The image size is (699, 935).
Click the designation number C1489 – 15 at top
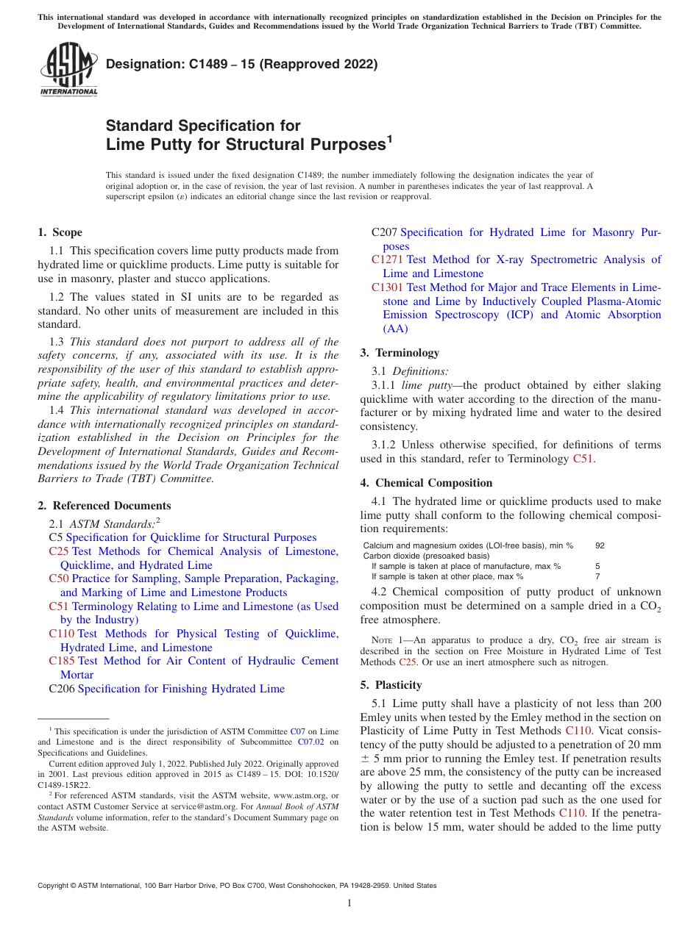point(241,64)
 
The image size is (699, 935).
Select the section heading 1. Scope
point(60,232)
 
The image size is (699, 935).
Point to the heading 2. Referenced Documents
point(104,506)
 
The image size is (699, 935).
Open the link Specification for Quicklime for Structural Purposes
point(191,537)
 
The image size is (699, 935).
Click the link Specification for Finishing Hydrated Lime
point(181,689)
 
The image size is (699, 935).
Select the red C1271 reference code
point(387,259)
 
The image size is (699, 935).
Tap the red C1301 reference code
point(387,287)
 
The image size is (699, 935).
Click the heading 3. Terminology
point(399,353)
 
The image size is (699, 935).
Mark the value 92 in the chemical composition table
point(600,545)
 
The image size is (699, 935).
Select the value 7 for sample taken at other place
point(597,576)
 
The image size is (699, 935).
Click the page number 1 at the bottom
point(349,903)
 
